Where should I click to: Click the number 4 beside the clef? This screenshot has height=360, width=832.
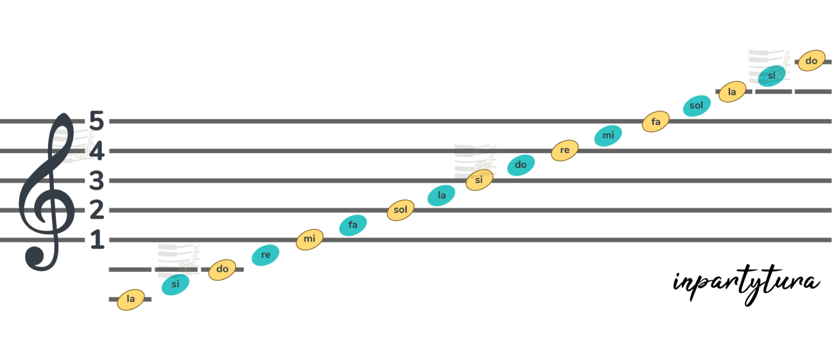pos(96,151)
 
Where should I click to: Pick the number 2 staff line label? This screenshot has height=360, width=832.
pos(96,210)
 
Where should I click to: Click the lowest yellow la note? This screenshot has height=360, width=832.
pos(131,299)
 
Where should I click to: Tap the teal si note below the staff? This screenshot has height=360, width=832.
pos(175,285)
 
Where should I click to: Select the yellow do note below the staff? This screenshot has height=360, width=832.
pos(222,270)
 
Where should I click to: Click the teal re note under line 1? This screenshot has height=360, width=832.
pos(265,255)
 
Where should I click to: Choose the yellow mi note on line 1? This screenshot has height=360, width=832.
pos(310,239)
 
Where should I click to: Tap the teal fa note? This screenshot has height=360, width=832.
pos(353,225)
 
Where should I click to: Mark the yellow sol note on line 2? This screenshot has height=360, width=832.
pos(400,210)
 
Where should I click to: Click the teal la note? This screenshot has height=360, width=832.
pos(441,195)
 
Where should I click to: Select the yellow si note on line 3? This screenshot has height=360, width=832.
pos(479,180)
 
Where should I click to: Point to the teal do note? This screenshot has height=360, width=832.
pos(521,165)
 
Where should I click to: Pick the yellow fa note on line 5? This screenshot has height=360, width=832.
pos(656,121)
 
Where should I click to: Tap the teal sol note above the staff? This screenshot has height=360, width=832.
pos(697,106)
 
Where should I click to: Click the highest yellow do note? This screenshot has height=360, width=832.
pos(811,61)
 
